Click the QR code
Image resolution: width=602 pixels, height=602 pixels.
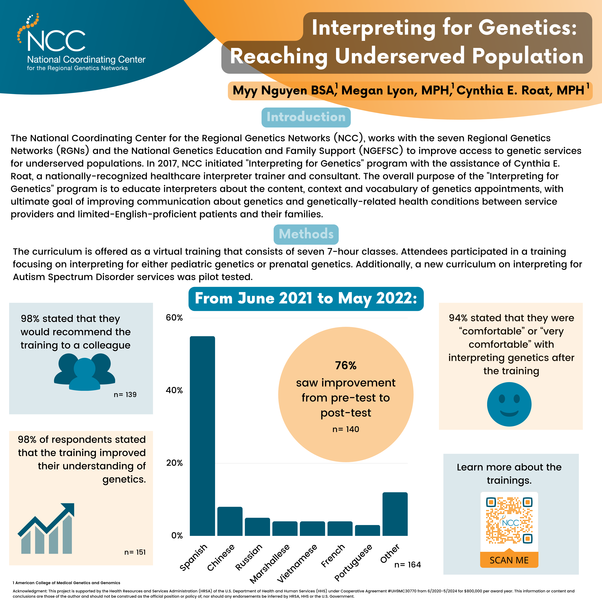tap(509, 520)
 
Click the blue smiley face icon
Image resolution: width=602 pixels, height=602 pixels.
tap(509, 404)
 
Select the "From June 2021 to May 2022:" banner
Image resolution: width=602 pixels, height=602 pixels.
tap(306, 299)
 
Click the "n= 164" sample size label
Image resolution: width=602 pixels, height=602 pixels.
tap(408, 565)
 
